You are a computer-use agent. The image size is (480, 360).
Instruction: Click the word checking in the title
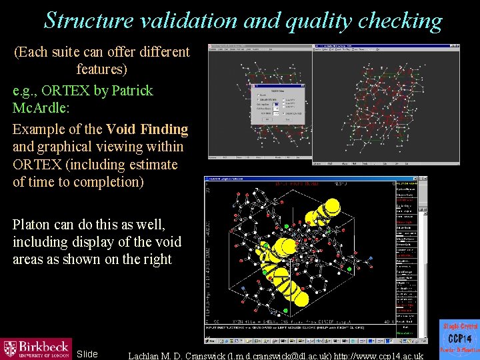(400, 21)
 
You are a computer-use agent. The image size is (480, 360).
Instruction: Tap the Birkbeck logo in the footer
(36, 348)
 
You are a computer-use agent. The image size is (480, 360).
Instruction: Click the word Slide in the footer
(87, 353)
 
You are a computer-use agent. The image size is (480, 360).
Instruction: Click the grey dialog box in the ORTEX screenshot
(277, 104)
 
